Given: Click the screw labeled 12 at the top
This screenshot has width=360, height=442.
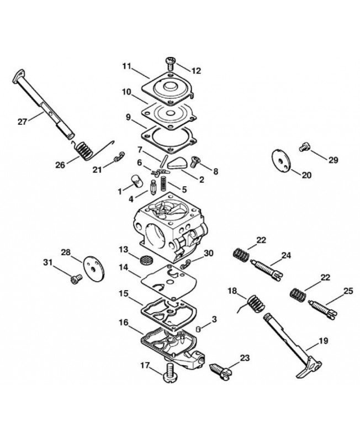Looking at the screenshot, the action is [170, 63].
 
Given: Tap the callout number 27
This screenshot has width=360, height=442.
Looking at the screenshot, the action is [22, 122].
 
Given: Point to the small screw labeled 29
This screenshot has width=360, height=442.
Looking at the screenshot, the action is [303, 147].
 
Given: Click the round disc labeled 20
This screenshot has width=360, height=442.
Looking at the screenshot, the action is [281, 160].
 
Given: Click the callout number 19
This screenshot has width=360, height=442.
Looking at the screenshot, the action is [324, 341].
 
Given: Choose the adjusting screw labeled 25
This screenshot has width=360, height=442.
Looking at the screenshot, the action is [322, 310].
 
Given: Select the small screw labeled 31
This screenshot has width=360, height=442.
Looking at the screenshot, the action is [76, 279].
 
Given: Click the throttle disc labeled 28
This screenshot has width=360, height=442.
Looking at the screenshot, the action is [94, 268].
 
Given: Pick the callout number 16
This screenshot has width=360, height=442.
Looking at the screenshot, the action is [124, 322].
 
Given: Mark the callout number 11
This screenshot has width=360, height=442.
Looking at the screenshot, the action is [126, 66].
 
